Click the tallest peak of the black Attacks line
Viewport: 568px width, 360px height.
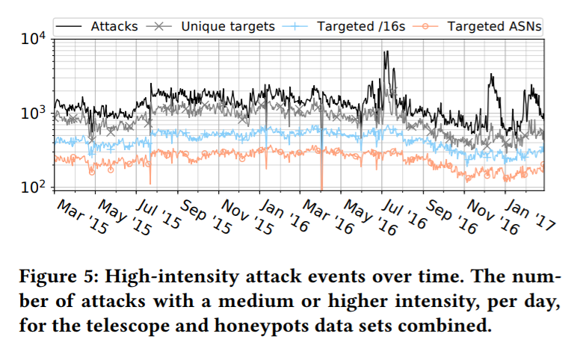386,52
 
